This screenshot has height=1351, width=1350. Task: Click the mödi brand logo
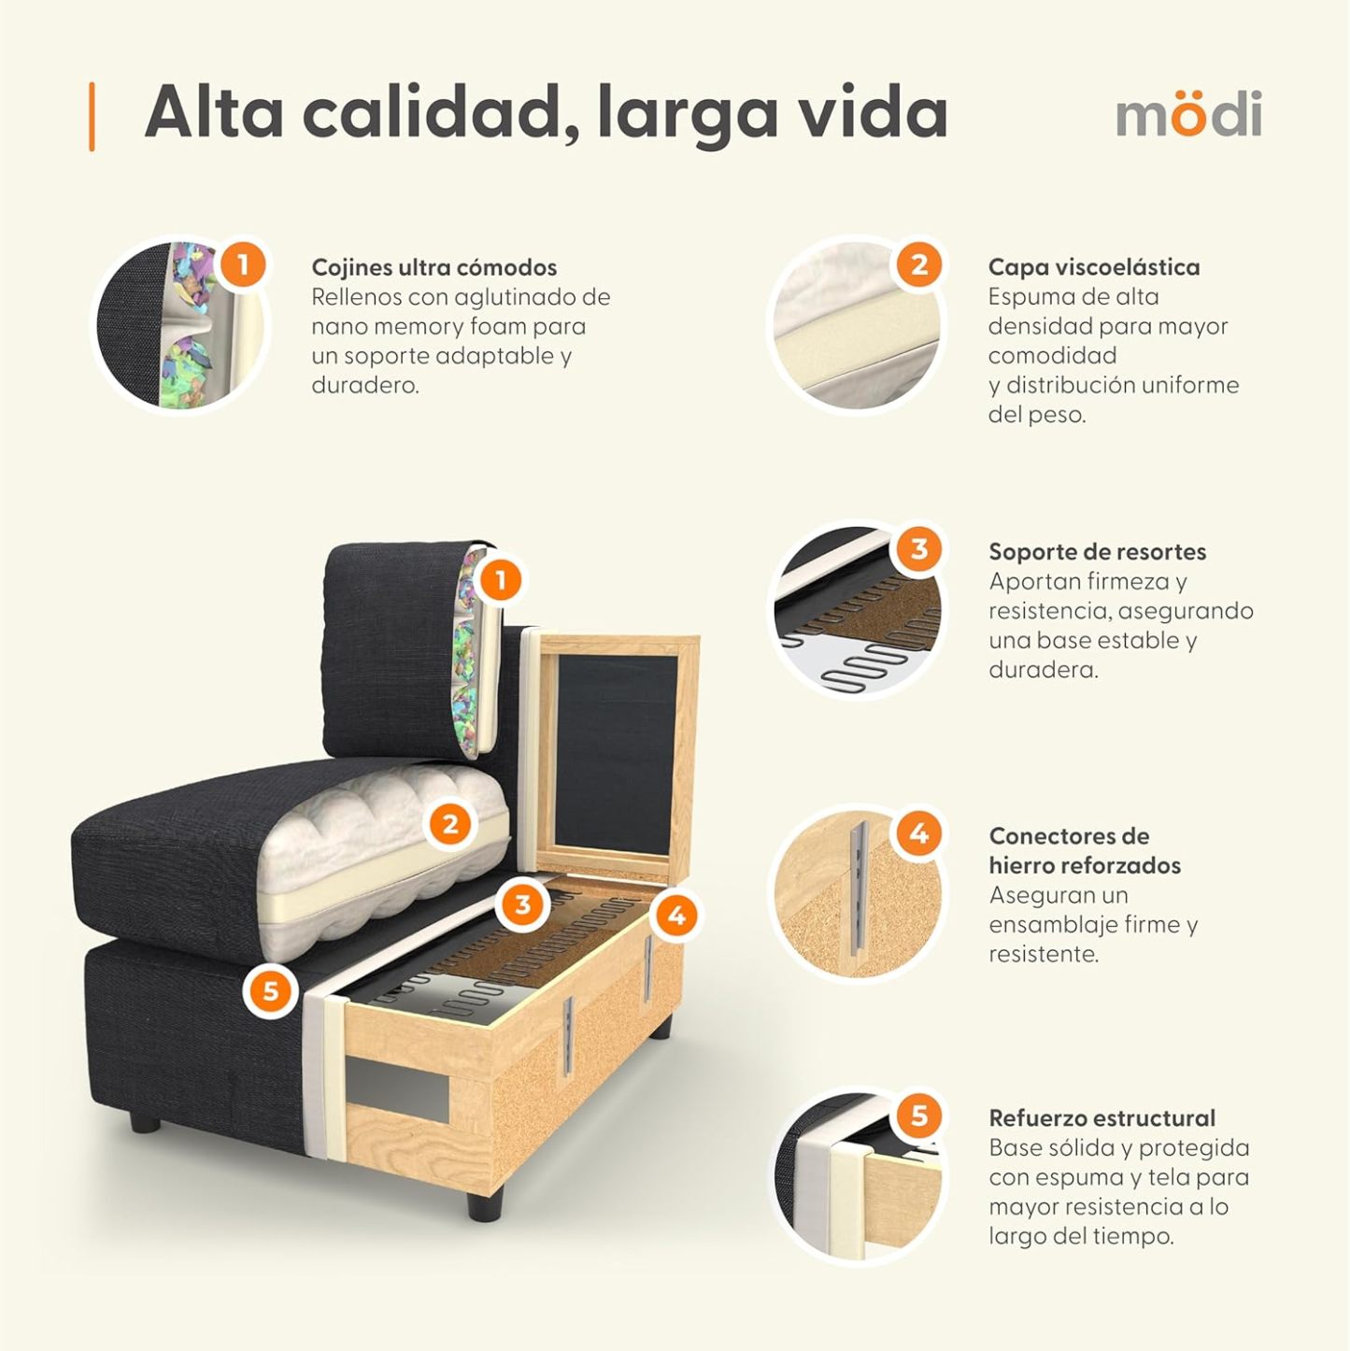[x=1188, y=114]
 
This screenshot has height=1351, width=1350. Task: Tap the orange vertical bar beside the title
[x=92, y=116]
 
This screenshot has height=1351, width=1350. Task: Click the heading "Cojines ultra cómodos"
[x=433, y=267]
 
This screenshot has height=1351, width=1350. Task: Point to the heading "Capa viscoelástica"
[x=1093, y=267]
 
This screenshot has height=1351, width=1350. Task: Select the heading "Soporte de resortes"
[x=1097, y=551]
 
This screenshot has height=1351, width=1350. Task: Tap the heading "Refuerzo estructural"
[x=1101, y=1117]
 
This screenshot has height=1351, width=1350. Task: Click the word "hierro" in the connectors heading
[x=1032, y=865]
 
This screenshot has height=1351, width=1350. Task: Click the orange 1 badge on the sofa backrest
[x=500, y=580]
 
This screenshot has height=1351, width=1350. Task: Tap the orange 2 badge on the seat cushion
[x=450, y=824]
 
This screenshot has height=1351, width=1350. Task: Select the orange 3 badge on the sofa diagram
[x=521, y=903]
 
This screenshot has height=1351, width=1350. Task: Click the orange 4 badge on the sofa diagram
[x=676, y=916]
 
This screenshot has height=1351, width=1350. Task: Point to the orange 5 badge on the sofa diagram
[x=270, y=989]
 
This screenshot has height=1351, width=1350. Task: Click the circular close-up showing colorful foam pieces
[x=178, y=325]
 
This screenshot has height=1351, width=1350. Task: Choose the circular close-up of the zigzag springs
[x=855, y=612]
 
